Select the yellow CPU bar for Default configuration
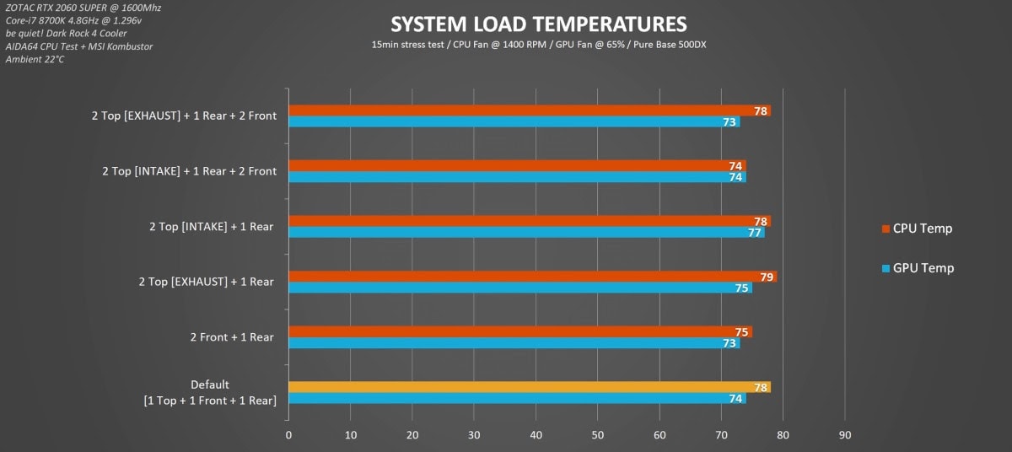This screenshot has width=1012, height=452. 529,387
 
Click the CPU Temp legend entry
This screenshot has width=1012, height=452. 922,229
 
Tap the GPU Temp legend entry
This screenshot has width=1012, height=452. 922,268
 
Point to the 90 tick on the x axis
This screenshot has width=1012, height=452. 845,435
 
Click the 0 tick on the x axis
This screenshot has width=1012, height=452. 288,435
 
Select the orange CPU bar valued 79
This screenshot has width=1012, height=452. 532,277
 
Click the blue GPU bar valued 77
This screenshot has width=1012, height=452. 526,232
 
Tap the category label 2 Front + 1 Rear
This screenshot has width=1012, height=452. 232,337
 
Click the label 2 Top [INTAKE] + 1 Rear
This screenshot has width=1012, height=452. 211,227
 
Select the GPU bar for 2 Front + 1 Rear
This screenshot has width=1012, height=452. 514,342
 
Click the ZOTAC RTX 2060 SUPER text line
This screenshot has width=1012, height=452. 83,8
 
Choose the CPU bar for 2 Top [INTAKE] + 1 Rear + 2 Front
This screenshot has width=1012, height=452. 517,166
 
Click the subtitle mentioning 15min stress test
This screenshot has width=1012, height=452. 539,44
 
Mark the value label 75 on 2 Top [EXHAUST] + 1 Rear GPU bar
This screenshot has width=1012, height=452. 742,288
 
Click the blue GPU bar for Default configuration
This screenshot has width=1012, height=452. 517,398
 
